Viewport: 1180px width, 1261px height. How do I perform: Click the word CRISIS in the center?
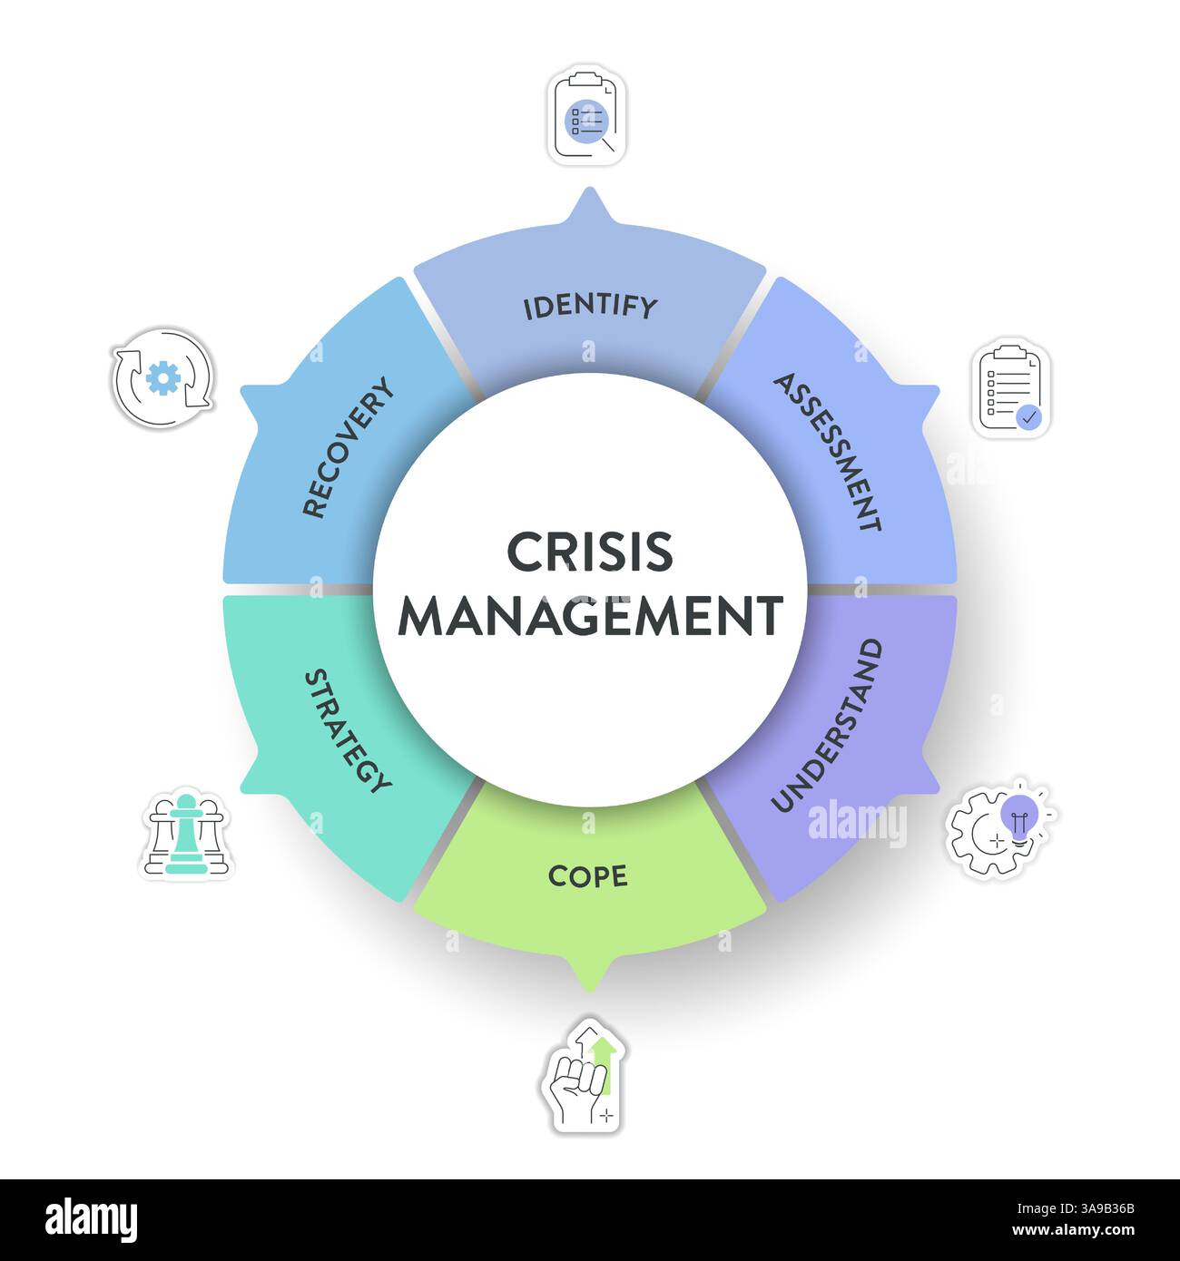coord(590,552)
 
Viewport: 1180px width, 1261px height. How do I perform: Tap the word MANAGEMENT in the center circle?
coord(590,617)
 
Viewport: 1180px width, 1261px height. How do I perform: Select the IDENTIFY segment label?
coord(590,307)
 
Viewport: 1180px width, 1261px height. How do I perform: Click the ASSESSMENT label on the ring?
coord(827,452)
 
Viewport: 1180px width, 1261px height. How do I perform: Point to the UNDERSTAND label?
coord(827,725)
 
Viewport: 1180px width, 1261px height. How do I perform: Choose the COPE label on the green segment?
coord(588,876)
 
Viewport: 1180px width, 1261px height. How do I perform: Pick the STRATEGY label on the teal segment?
coord(348,730)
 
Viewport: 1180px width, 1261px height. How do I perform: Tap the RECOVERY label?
coord(349,447)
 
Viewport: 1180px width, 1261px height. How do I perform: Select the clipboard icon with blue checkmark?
coord(1013,390)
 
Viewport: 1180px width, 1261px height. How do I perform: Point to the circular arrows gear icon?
coord(163,377)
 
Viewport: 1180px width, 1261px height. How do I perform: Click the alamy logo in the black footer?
coord(92,1220)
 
